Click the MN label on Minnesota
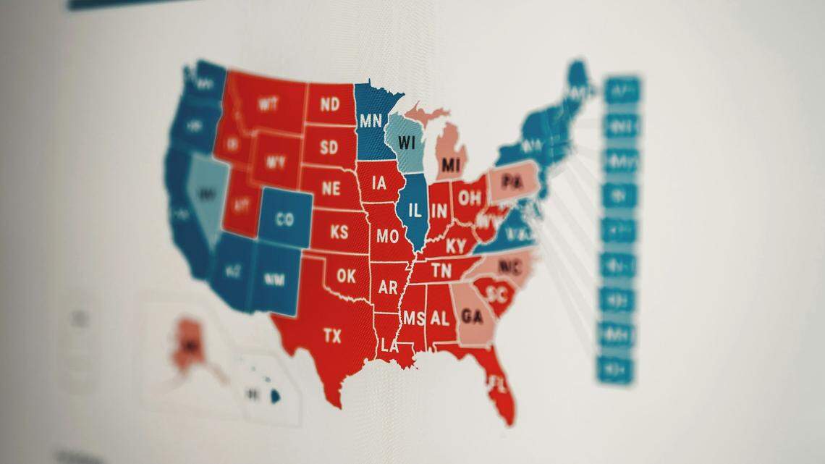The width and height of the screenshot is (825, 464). click(371, 119)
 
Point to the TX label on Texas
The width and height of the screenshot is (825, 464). click(332, 335)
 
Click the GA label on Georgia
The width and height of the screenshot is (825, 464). click(471, 317)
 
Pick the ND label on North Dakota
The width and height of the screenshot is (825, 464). click(329, 104)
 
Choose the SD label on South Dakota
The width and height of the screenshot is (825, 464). click(329, 148)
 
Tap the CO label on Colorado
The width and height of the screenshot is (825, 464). click(284, 219)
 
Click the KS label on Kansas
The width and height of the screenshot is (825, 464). click(339, 232)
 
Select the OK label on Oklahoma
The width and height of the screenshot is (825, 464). click(346, 276)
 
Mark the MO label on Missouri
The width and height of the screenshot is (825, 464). click(388, 236)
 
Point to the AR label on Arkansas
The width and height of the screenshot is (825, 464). click(388, 287)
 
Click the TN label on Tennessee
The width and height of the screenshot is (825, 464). click(441, 271)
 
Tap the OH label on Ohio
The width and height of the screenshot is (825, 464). click(470, 197)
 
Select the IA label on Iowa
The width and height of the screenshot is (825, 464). click(379, 184)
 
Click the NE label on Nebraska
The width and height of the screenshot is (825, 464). click(331, 189)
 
